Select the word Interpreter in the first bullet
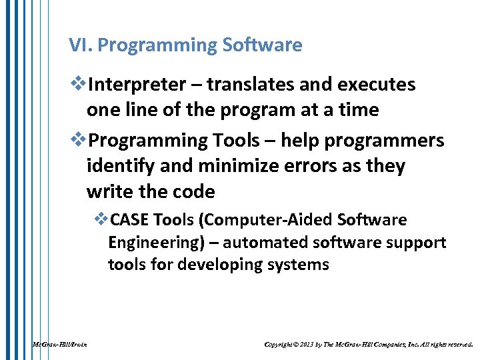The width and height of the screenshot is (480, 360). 137,85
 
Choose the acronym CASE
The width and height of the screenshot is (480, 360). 129,220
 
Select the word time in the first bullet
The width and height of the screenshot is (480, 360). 356,111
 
